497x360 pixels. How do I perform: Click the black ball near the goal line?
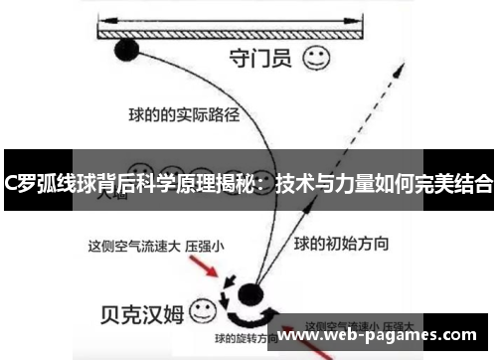(127, 50)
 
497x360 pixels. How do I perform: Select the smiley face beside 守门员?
(316, 58)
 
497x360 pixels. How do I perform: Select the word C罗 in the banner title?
(18, 182)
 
